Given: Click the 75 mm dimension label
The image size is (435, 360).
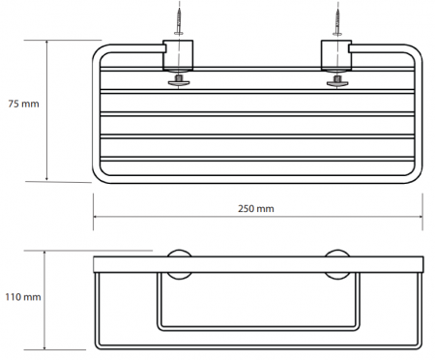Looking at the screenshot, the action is click(23, 104).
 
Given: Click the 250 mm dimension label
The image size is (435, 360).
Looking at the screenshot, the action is click(256, 209).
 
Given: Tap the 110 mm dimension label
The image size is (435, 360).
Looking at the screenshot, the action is click(23, 297).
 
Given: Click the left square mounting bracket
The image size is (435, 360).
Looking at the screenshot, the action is click(178, 55).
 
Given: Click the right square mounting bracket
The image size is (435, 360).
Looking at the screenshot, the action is click(336, 55).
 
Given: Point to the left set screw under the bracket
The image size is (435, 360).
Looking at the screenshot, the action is click(179, 81).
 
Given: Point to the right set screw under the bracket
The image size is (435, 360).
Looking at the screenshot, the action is click(337, 81).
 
